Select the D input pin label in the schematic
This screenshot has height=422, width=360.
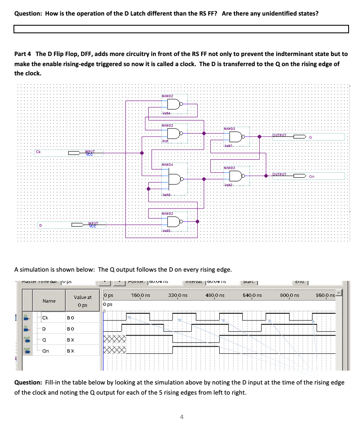(40, 225)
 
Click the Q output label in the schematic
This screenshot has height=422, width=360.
(310, 137)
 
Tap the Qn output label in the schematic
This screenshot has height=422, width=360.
(312, 176)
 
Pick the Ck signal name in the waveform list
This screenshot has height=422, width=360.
(45, 317)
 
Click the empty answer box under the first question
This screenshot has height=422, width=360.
(181, 29)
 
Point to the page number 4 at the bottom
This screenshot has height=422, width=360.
(181, 417)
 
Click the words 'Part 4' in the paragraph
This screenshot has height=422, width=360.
(23, 54)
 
